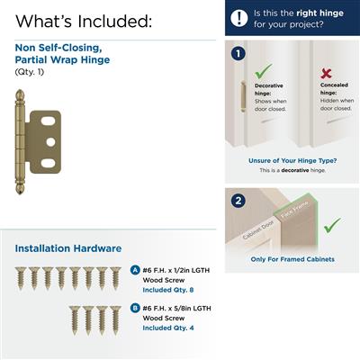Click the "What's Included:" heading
click(x=83, y=20)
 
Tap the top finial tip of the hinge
click(x=21, y=92)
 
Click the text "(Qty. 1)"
click(x=30, y=71)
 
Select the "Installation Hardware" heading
click(x=68, y=248)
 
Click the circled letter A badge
click(x=135, y=270)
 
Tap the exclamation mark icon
click(x=238, y=18)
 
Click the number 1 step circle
click(x=238, y=53)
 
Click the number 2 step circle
click(x=238, y=201)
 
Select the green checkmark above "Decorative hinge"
click(x=263, y=69)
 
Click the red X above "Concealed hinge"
click(x=327, y=73)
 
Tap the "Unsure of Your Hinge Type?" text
click(x=292, y=161)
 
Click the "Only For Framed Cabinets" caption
click(x=292, y=259)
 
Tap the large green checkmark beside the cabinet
click(x=332, y=224)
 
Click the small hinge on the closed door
click(x=242, y=96)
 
